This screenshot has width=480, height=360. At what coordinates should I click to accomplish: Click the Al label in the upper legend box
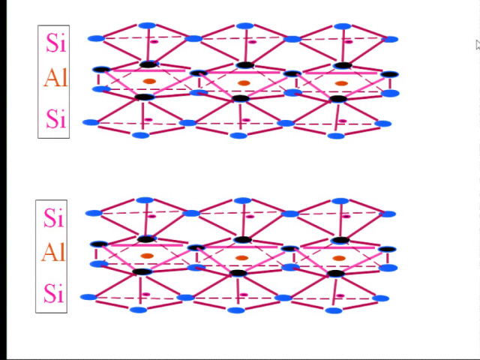[55, 78]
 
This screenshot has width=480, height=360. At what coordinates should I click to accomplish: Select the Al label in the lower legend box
[53, 252]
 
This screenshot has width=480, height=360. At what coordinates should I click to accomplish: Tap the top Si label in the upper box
[56, 43]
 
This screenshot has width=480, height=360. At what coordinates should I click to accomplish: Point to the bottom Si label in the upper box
[56, 118]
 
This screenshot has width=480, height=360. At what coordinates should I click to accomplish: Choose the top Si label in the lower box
[54, 217]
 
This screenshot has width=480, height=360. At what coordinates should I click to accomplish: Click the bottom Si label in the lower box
[54, 293]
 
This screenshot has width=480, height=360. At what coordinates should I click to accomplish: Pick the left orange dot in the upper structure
[149, 81]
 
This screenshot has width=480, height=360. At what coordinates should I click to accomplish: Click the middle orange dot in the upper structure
[244, 83]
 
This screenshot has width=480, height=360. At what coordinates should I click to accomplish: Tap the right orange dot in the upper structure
[341, 83]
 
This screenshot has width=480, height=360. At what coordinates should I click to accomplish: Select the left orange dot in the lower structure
[147, 256]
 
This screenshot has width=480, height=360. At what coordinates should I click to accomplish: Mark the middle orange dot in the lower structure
[241, 258]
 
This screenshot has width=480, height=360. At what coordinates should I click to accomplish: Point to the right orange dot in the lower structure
[339, 258]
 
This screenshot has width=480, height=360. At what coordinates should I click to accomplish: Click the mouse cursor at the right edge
[478, 45]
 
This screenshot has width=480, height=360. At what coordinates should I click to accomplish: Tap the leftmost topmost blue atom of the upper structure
[147, 25]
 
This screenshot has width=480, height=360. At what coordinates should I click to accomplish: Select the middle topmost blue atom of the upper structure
[245, 25]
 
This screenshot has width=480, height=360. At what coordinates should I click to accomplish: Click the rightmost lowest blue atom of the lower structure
[334, 310]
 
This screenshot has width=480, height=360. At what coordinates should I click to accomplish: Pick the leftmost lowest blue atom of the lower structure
[139, 310]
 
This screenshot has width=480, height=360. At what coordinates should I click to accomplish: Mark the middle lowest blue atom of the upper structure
[238, 136]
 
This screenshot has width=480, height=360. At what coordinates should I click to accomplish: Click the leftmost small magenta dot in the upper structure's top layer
[154, 42]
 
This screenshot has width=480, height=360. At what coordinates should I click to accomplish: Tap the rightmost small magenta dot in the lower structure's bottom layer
[340, 295]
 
